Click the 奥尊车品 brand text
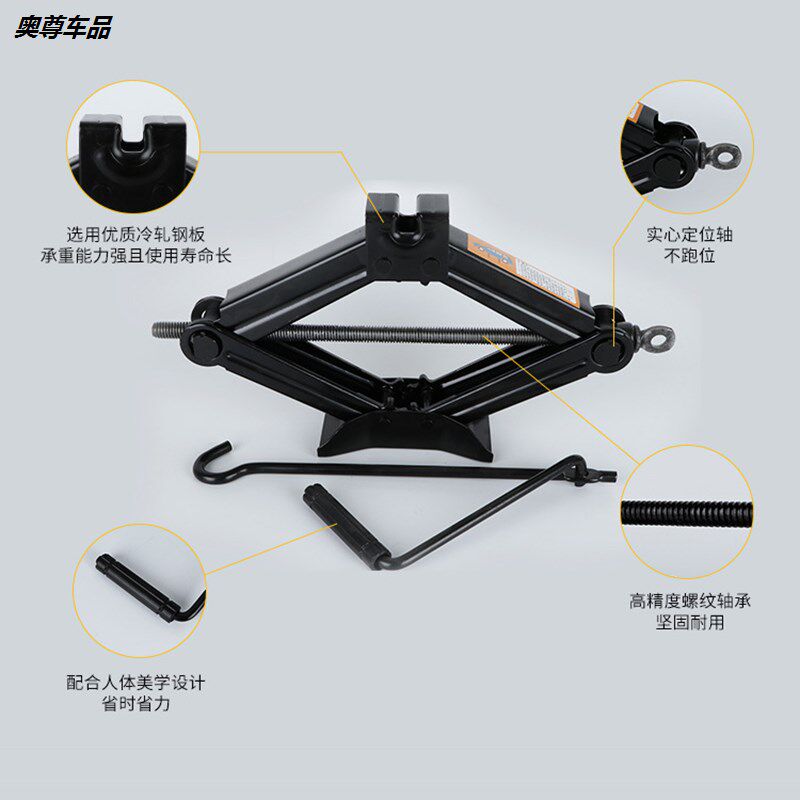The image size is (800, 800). [62, 27]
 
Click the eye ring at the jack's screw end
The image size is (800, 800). [654, 338]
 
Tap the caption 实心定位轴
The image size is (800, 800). [689, 235]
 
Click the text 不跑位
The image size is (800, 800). [689, 257]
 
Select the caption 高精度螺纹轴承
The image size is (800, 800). [690, 601]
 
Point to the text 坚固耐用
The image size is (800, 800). [690, 623]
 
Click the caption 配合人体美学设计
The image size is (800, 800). [136, 684]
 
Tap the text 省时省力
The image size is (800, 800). [136, 706]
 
